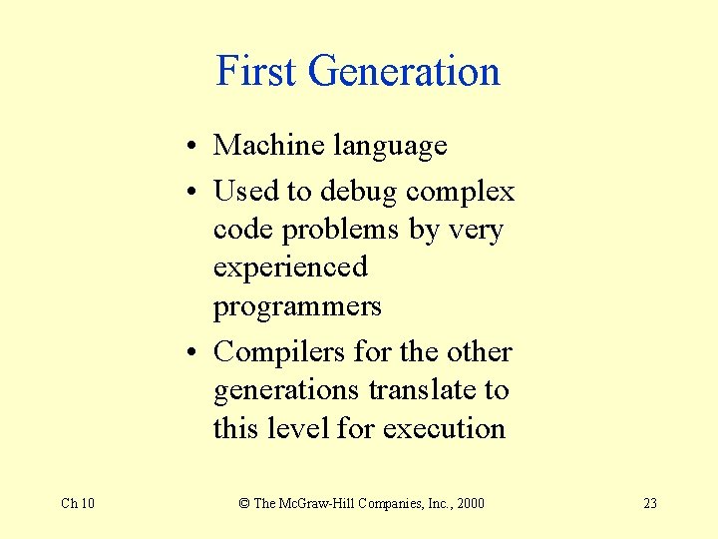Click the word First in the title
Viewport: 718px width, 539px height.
coord(256,72)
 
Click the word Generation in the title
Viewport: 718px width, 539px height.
coord(404,72)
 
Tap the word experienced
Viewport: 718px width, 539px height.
coord(290,269)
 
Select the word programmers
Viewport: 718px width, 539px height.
coord(297,306)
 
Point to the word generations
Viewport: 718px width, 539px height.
coord(286,390)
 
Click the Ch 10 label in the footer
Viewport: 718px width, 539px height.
coord(78,503)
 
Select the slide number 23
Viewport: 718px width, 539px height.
coord(650,503)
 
